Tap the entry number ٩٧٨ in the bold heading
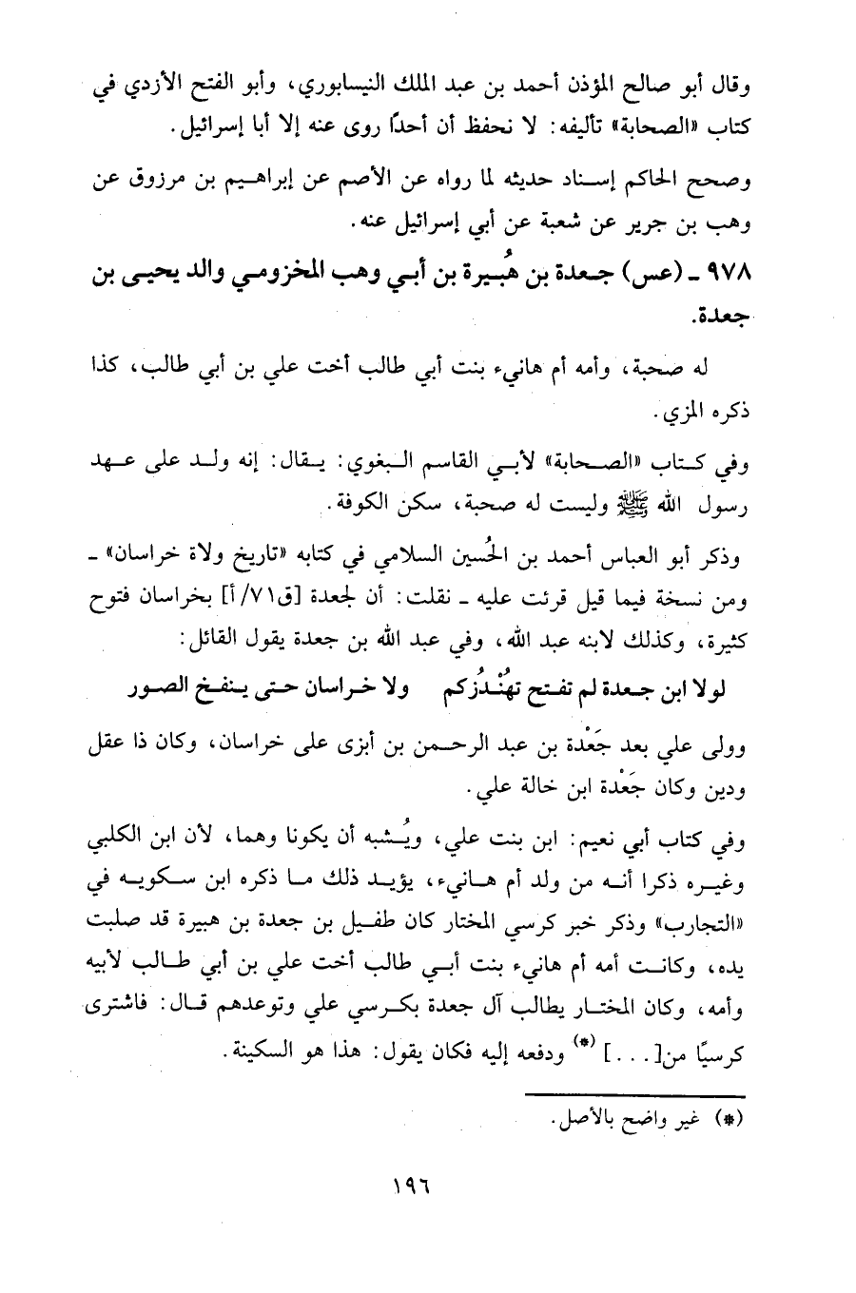735,277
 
